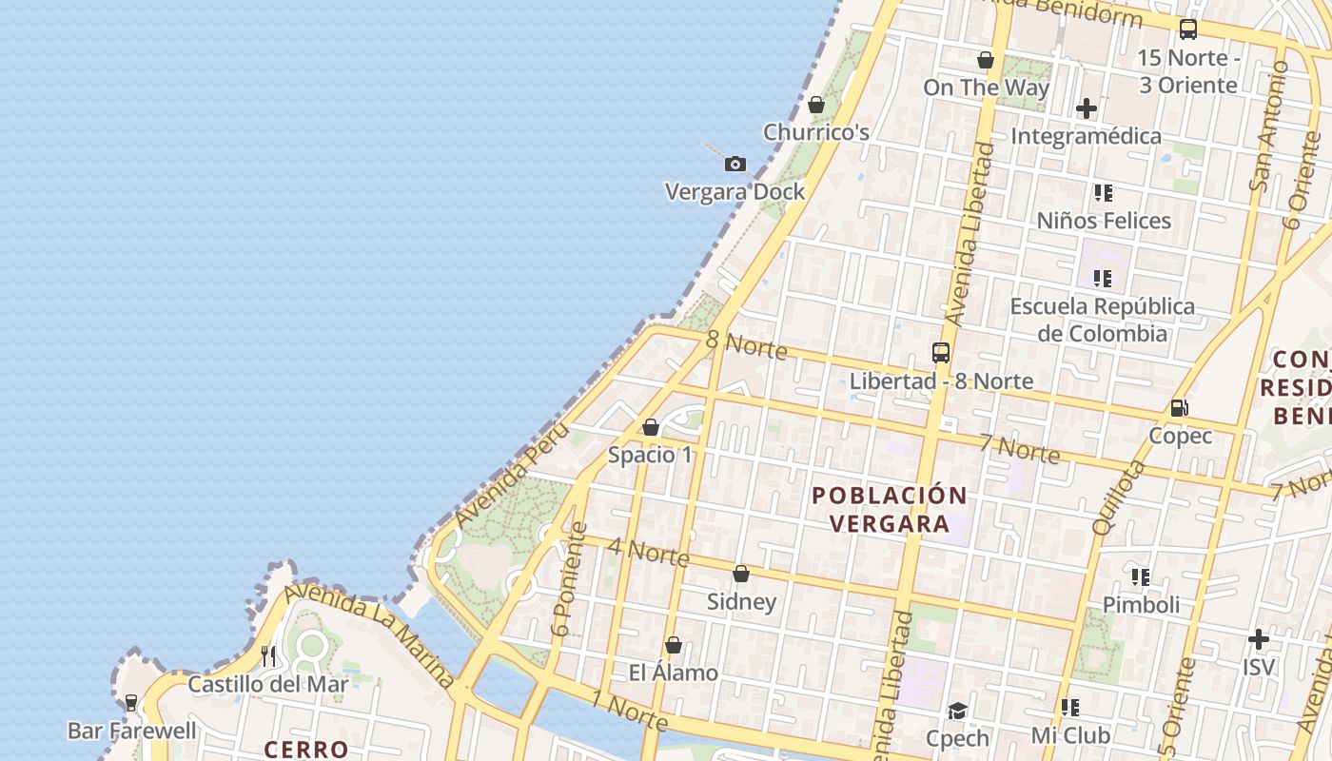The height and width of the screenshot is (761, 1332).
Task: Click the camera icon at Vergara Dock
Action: pyautogui.click(x=735, y=165)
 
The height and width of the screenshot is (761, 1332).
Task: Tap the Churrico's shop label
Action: pyautogui.click(x=816, y=132)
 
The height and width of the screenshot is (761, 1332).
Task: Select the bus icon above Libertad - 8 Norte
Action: pyautogui.click(x=941, y=353)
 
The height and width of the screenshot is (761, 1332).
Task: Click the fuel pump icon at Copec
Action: pyautogui.click(x=1180, y=408)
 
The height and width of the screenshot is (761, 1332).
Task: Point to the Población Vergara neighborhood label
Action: pyautogui.click(x=890, y=510)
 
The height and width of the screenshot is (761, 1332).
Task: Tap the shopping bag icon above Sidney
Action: pyautogui.click(x=741, y=574)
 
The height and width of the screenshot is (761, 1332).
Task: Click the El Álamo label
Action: pyautogui.click(x=673, y=673)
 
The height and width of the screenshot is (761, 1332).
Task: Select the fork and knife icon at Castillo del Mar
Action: pyautogui.click(x=268, y=655)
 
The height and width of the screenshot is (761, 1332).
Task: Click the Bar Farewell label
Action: pyautogui.click(x=132, y=731)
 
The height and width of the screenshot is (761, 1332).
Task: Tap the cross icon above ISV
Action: pyautogui.click(x=1259, y=638)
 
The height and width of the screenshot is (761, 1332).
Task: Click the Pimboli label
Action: pyautogui.click(x=1141, y=604)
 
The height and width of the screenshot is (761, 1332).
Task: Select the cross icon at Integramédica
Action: pyautogui.click(x=1087, y=108)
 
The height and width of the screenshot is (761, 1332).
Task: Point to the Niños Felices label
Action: pyautogui.click(x=1104, y=221)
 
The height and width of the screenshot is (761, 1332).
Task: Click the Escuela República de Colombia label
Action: pyautogui.click(x=1102, y=320)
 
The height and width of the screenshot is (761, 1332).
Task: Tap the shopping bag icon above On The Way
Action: pyautogui.click(x=986, y=60)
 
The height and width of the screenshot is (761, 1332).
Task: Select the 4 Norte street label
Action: pyautogui.click(x=647, y=552)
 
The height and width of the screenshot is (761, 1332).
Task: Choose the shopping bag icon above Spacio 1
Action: pyautogui.click(x=651, y=427)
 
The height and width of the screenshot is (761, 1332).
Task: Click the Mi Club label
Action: pyautogui.click(x=1070, y=735)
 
